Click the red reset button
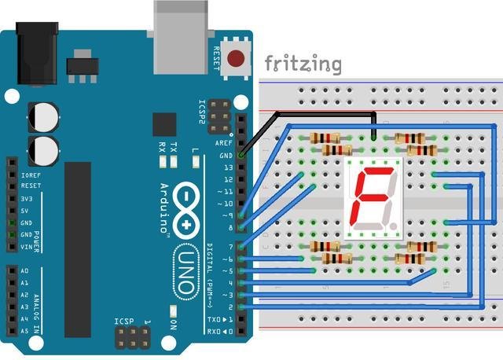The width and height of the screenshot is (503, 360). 235,58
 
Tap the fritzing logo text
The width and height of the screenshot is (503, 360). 303,63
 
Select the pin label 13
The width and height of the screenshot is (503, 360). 227,167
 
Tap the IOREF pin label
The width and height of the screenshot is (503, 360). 31,174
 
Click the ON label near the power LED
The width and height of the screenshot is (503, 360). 174,325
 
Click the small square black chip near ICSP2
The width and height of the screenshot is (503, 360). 163,125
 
